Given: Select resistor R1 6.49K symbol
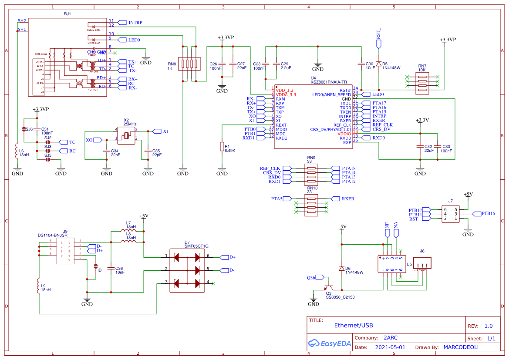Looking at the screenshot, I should (222, 147).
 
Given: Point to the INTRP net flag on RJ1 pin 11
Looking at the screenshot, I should (132, 23).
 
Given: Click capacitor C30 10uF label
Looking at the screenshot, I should (370, 66).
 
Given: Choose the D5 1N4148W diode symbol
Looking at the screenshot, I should (378, 64).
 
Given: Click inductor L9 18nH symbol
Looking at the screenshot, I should (39, 286).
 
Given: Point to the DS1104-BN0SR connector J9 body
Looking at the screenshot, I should (65, 251).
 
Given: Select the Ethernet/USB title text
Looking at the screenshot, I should (354, 325).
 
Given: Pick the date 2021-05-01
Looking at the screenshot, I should (390, 347).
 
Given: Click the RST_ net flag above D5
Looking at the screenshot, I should (378, 40).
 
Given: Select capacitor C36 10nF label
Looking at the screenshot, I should (119, 270).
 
